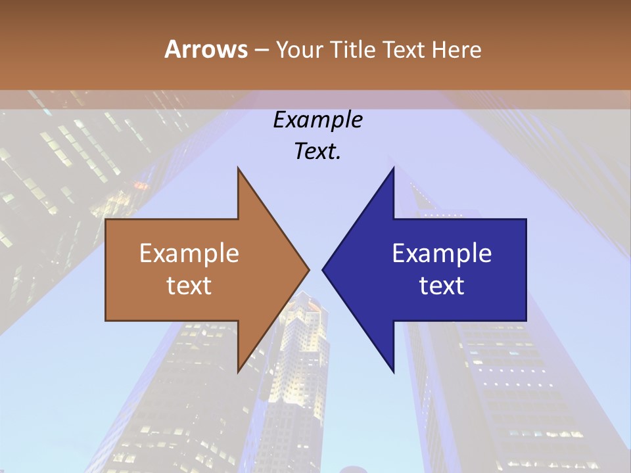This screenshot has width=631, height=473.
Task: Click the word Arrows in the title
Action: coord(206,49)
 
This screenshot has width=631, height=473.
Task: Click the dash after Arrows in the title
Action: coord(261,51)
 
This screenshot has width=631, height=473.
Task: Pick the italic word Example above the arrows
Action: coord(318,120)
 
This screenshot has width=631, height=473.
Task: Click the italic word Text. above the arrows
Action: coord(318,152)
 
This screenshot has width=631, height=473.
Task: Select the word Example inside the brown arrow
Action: coord(189,254)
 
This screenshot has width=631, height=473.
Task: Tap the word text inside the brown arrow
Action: coord(189,286)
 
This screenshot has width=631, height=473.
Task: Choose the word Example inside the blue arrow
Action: coord(442,254)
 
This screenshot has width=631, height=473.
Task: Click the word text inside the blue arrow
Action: coord(442,286)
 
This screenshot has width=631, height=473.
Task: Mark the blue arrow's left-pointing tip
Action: coord(323,269)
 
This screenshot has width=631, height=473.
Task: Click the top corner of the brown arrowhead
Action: coord(238,169)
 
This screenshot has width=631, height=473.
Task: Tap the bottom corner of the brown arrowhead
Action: coord(238,371)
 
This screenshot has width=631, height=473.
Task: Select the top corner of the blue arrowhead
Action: coord(393,169)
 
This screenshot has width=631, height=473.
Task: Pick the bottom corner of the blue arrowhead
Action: coord(393,371)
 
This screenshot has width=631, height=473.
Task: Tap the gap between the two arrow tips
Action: coord(315,269)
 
